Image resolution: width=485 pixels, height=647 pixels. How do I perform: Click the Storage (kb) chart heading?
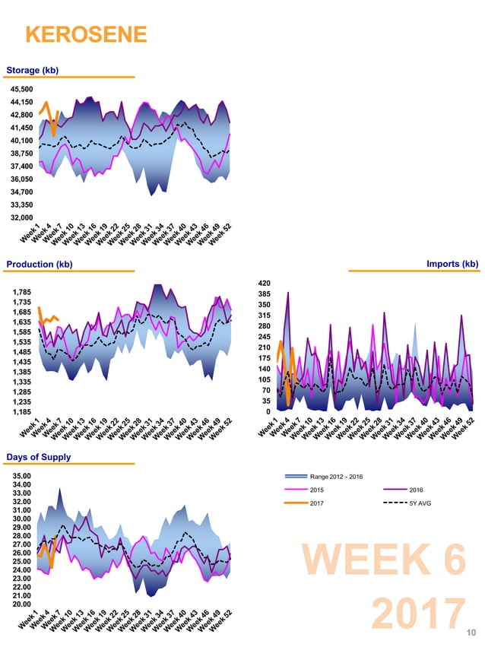32,71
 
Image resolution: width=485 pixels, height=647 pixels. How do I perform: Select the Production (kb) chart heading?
40,265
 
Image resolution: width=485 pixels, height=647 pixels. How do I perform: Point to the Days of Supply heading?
39,457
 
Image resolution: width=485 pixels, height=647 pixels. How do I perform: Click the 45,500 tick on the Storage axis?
21,89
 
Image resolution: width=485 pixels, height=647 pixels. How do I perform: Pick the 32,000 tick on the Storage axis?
21,217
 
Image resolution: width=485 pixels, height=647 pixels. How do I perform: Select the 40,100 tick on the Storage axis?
21,141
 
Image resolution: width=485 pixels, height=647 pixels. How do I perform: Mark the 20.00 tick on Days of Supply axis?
21,604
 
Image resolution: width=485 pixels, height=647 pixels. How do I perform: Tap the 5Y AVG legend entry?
420,503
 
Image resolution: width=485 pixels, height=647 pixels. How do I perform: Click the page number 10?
471,632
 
